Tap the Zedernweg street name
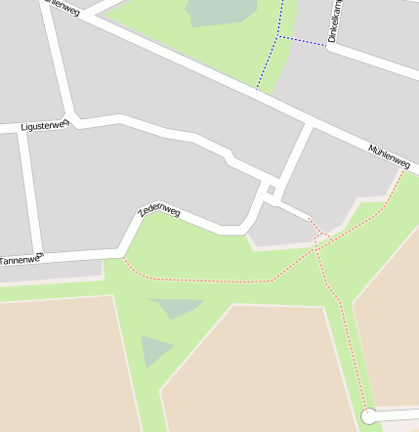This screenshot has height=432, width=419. pos(159,208)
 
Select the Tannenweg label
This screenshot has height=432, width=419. pos(21,261)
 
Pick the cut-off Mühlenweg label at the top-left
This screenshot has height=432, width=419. pos(62,6)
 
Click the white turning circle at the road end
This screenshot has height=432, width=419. pos(369,416)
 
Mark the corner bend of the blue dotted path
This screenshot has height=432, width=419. pos(278,36)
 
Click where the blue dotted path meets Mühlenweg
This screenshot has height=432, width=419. pos(257,88)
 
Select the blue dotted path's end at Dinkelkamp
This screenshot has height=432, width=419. pos(326,45)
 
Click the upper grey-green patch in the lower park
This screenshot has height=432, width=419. pos(176,307)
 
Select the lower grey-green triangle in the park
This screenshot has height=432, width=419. pos(153,350)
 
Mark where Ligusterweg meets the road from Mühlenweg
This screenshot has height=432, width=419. pos(74,121)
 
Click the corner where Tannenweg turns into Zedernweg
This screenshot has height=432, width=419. pos(124,253)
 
